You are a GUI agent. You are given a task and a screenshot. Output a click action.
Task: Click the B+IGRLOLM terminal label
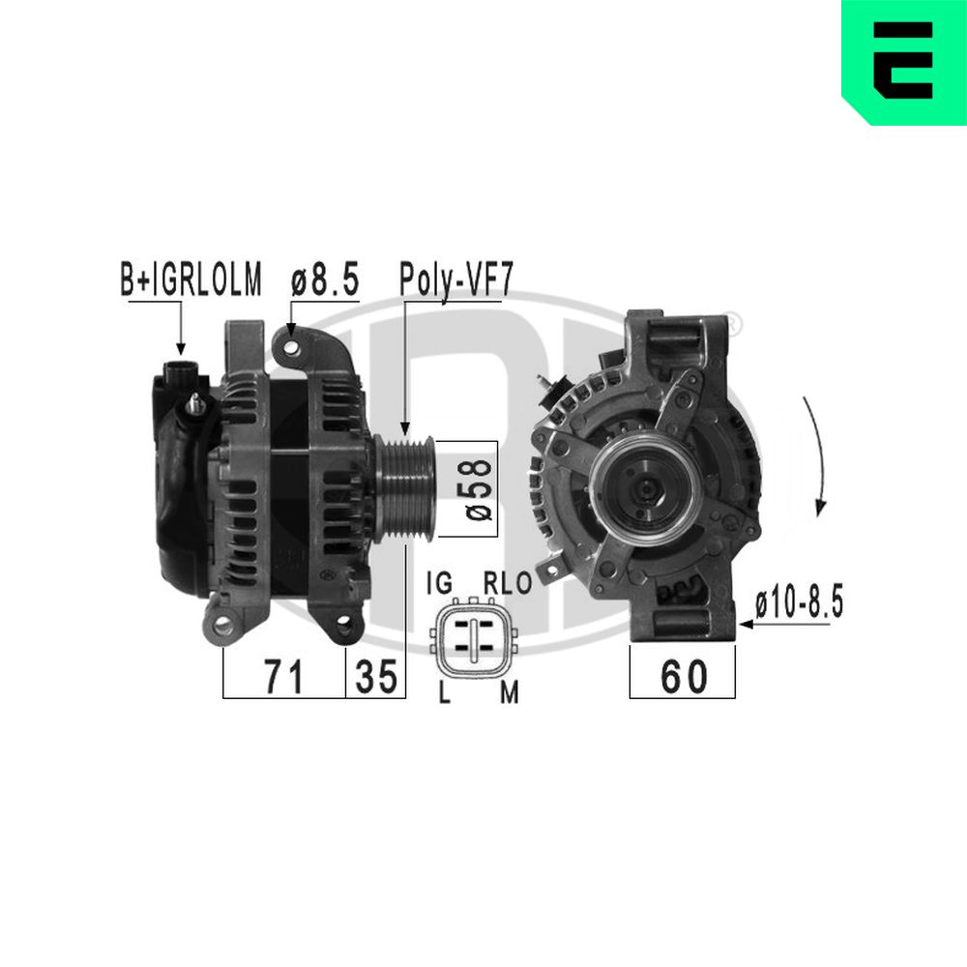point(190,280)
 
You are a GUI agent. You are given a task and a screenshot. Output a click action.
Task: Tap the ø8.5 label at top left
point(325,280)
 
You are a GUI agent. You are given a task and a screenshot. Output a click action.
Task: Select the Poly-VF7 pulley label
point(455,280)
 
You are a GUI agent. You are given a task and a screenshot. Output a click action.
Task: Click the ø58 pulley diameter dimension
point(480,488)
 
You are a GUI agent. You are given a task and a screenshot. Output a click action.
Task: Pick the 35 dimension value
point(376,677)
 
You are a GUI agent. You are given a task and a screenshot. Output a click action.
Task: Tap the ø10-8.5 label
point(800,603)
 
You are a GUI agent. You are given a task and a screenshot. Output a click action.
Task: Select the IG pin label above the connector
point(440,583)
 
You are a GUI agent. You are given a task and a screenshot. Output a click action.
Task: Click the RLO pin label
point(506,583)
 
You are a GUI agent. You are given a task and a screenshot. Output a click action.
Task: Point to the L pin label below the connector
point(443,694)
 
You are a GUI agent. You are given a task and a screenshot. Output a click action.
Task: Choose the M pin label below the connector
point(509,694)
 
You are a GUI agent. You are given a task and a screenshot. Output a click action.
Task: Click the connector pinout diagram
point(474,640)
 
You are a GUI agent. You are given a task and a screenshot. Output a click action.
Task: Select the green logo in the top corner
point(903,61)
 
